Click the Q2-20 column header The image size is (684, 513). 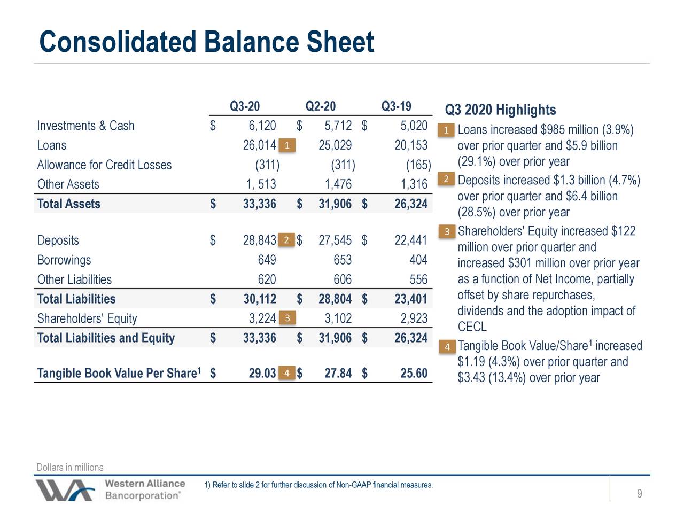(320, 106)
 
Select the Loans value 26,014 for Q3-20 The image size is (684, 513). (259, 145)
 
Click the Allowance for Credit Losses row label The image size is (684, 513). (104, 165)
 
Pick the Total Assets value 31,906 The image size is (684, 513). (335, 204)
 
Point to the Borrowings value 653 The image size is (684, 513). (343, 260)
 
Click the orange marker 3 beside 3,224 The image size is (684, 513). (287, 318)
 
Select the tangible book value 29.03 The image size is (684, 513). (262, 373)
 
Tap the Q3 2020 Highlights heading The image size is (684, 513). (500, 110)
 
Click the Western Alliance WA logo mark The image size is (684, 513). (65, 489)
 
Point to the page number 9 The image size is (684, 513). (639, 494)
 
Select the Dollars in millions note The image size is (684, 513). (70, 468)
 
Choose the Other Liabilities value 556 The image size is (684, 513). (418, 280)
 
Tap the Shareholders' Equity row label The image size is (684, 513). (87, 319)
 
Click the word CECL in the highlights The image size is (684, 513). (472, 327)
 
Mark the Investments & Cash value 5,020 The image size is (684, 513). (414, 126)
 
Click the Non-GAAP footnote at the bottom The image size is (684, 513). (318, 485)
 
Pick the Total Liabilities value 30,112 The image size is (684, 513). (259, 299)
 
